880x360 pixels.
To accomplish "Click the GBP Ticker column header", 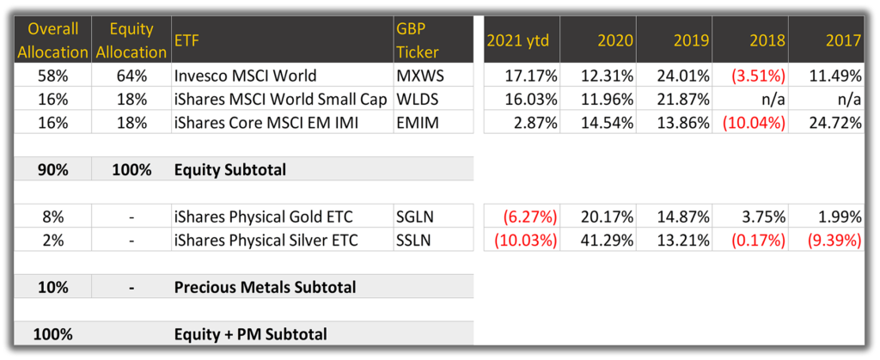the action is pos(417,40).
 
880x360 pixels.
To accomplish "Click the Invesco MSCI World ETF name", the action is pos(245,75).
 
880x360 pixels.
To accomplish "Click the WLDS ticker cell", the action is pos(417,99).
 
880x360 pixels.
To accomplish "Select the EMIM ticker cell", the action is pos(417,122).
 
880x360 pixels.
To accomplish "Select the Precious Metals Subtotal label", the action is pos(265,288).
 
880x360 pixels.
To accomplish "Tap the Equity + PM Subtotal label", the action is pos(250,335).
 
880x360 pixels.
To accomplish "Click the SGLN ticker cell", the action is pos(417,217).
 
